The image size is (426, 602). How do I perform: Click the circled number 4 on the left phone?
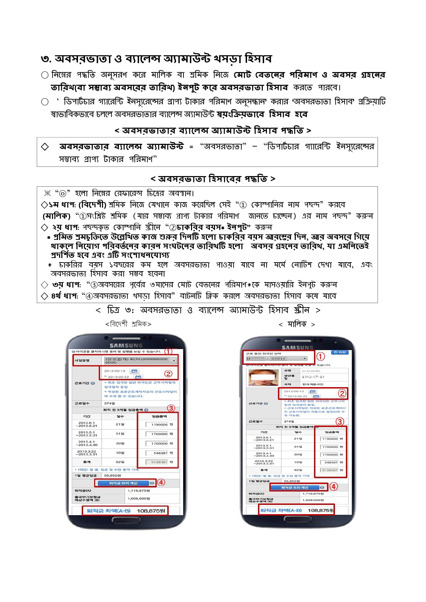161,482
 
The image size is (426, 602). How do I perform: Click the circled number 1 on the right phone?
320,357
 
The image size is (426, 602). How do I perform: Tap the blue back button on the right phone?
340,352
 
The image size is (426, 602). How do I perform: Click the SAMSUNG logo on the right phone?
298,347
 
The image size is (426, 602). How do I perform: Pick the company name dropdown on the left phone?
140,360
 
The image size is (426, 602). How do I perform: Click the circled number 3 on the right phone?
339,421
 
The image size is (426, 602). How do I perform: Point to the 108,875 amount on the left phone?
151,511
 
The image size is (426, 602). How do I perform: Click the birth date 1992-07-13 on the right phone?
313,377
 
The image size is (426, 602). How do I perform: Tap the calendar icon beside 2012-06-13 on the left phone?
134,371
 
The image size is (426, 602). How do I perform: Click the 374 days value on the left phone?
110,403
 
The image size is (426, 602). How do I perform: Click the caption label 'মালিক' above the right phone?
297,324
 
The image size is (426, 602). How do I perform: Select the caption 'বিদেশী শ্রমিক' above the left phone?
128,324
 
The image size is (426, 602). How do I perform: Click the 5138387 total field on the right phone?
330,470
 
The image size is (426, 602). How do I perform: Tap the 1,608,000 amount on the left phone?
139,498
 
